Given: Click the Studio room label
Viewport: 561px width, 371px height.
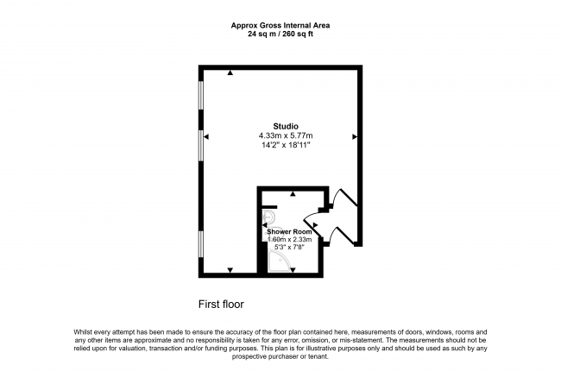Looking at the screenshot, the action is pyautogui.click(x=286, y=126).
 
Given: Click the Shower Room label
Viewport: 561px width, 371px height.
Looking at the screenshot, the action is pyautogui.click(x=289, y=232).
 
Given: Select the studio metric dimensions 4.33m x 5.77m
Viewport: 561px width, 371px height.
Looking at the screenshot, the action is pyautogui.click(x=286, y=135).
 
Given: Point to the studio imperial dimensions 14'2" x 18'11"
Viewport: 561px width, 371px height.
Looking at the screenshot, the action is pyautogui.click(x=286, y=145).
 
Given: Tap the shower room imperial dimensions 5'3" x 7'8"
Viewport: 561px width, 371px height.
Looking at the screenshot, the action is pyautogui.click(x=289, y=247).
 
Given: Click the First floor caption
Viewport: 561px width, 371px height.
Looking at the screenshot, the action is pyautogui.click(x=221, y=305).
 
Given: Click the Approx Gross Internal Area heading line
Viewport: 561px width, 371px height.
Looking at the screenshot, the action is pyautogui.click(x=280, y=25).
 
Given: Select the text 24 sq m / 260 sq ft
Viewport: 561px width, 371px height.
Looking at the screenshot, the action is pyautogui.click(x=280, y=35).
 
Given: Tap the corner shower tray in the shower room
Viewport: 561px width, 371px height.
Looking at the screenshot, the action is pyautogui.click(x=281, y=261).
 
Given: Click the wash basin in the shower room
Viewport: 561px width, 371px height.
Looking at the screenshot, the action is pyautogui.click(x=268, y=217).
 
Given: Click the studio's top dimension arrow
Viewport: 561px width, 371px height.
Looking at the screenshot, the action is pyautogui.click(x=230, y=73).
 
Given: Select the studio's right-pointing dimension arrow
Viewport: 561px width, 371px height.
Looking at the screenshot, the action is pyautogui.click(x=355, y=136).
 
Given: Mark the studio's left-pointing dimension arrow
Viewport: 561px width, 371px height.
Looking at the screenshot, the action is pyautogui.click(x=206, y=136).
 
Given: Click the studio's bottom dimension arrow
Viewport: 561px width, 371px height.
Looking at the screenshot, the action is pyautogui.click(x=230, y=270).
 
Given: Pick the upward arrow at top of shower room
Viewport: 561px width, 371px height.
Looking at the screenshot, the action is pyautogui.click(x=293, y=194).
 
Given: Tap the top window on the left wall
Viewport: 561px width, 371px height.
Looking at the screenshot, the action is pyautogui.click(x=201, y=95).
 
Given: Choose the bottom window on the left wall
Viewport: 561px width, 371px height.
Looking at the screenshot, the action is pyautogui.click(x=201, y=244).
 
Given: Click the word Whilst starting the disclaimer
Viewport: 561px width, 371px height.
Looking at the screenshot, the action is pyautogui.click(x=83, y=332).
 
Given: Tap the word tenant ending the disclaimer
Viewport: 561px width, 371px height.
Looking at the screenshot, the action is pyautogui.click(x=318, y=356).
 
